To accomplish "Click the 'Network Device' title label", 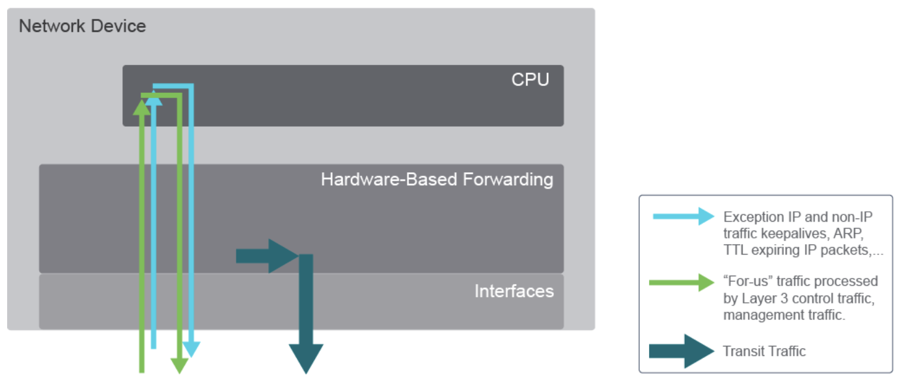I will click(x=82, y=27).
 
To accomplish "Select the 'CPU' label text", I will click(x=530, y=80).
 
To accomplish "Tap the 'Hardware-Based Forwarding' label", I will click(x=437, y=179).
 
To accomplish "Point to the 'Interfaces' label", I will click(x=514, y=291).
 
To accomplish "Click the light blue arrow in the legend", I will click(x=683, y=216).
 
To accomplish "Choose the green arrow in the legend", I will click(x=683, y=282).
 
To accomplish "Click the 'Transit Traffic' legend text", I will click(x=764, y=352).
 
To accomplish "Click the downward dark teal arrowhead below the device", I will click(x=305, y=360).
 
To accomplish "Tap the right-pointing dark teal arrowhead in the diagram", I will click(x=284, y=255).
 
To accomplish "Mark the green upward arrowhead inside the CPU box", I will click(x=141, y=107).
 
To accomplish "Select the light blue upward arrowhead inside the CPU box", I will click(x=154, y=99).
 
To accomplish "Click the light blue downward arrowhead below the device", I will click(x=191, y=350).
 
